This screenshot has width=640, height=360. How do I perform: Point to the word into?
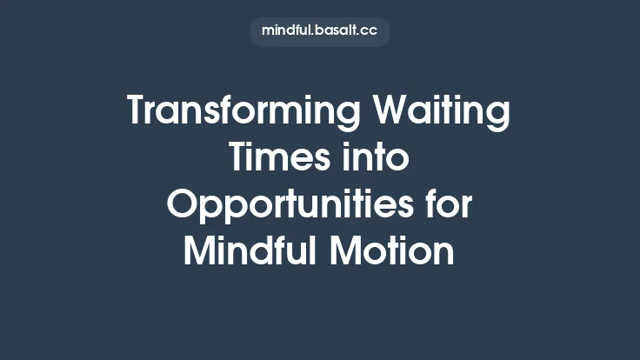coord(377,159)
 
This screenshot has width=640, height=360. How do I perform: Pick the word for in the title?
coord(448,205)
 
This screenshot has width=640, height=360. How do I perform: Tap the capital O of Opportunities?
coord(183,206)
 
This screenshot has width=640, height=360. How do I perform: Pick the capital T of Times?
coord(238,159)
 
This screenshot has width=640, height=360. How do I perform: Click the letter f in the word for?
coord(429,205)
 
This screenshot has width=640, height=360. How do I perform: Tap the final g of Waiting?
coord(499,117)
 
